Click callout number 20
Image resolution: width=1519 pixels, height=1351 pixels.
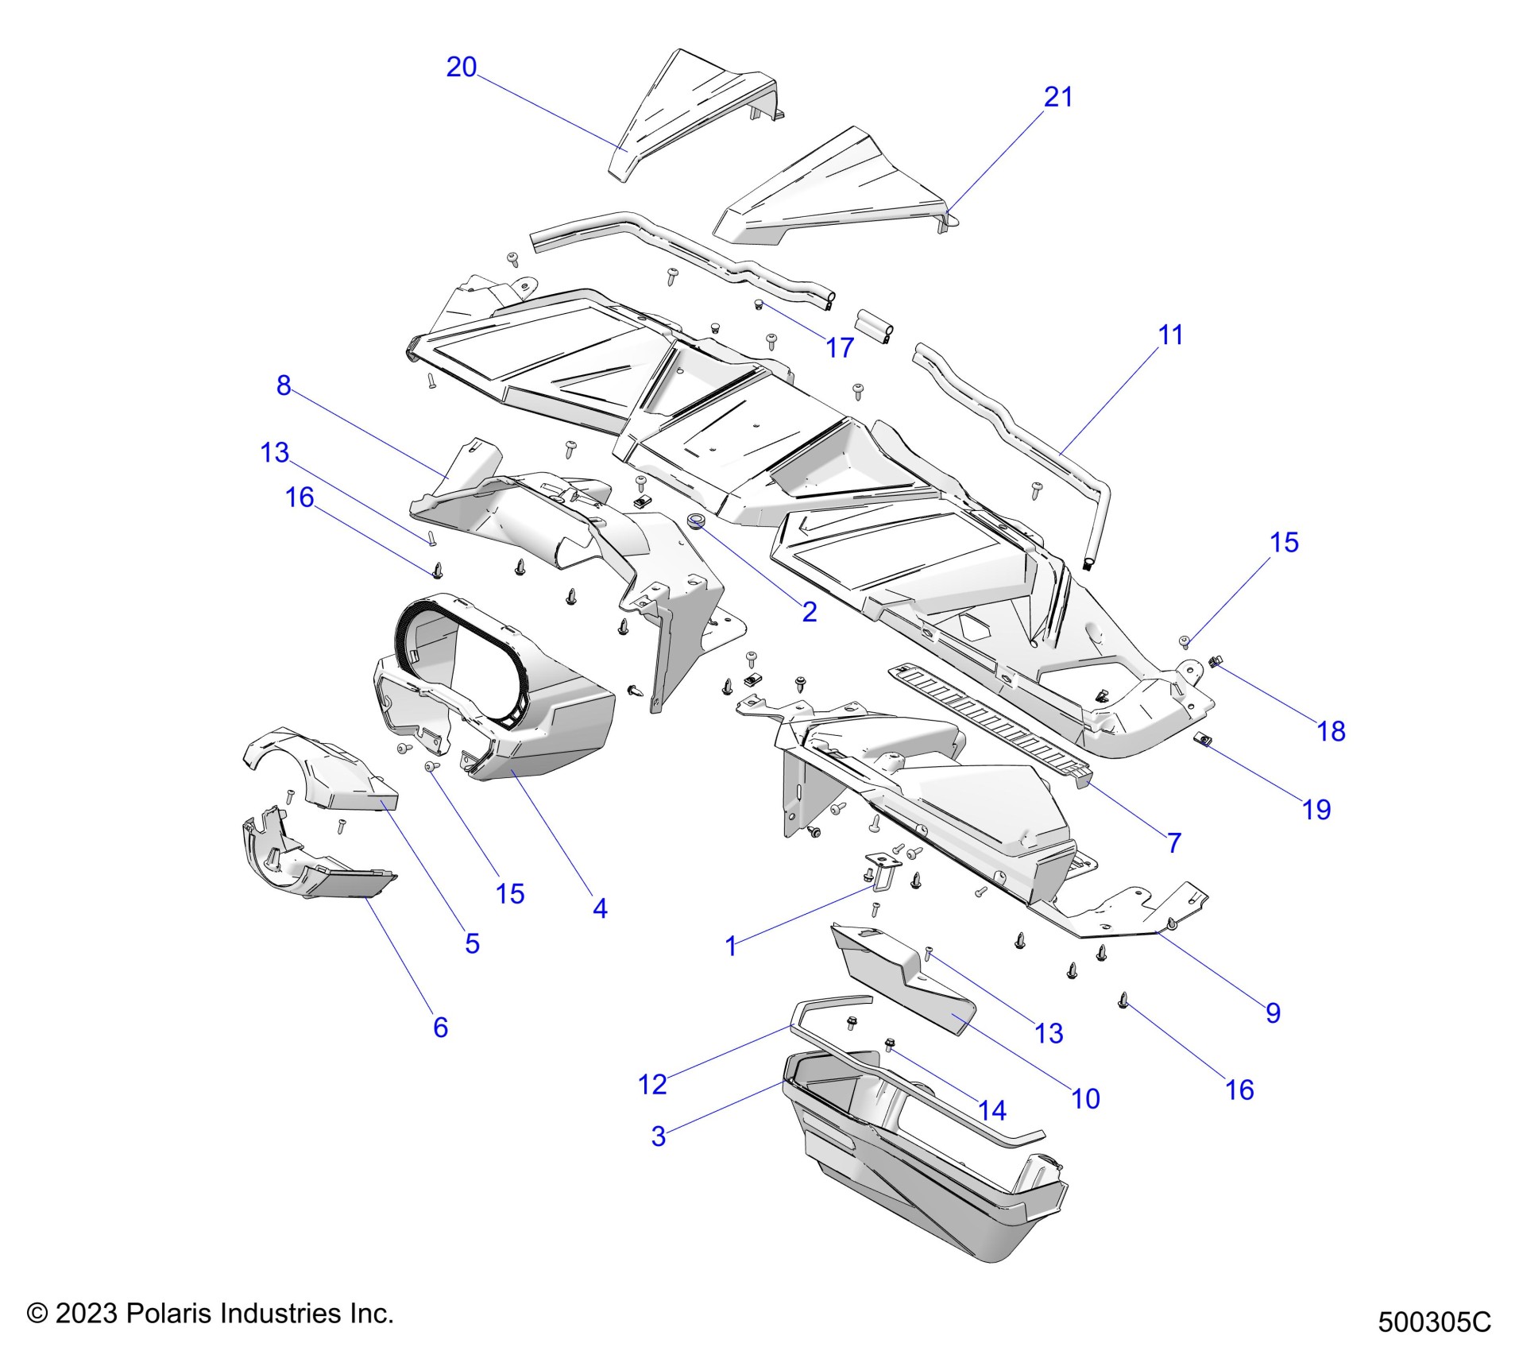(461, 67)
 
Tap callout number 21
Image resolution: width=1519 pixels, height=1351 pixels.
(1057, 97)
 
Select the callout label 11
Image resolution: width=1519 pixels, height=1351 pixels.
(1170, 335)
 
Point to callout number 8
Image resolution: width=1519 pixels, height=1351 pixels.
(284, 385)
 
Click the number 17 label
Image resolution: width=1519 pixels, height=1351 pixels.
(840, 347)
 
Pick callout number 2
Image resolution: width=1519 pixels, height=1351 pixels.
(810, 611)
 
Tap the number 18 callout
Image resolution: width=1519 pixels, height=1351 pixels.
(1332, 731)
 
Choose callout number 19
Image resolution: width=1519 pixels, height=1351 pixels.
(1316, 810)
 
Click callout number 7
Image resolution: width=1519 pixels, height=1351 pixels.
(1174, 842)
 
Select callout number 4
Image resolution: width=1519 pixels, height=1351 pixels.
(601, 908)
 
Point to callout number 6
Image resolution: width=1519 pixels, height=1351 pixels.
(441, 1027)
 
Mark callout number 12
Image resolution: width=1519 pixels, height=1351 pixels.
(652, 1084)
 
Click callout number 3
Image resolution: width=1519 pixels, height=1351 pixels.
(658, 1136)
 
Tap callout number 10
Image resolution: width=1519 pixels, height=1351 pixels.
(1085, 1099)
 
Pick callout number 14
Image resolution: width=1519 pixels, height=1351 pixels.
(992, 1110)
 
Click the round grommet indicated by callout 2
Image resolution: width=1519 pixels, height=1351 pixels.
(697, 521)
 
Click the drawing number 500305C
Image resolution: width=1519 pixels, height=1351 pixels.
(1434, 1322)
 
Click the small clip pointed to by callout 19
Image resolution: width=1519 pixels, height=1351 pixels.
(1203, 741)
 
